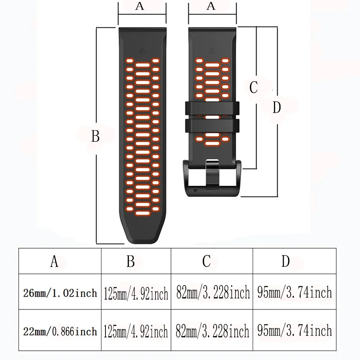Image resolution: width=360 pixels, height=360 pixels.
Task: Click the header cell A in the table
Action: (54, 262)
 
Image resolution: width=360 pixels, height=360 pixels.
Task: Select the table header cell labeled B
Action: (130, 262)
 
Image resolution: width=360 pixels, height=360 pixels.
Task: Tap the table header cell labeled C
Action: (206, 262)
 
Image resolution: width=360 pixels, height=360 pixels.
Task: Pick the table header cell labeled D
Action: (285, 262)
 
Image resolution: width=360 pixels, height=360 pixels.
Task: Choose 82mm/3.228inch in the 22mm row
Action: (213, 331)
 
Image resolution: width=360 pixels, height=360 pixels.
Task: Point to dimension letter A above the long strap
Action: (140, 6)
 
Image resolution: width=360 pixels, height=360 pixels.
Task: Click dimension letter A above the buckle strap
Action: (211, 6)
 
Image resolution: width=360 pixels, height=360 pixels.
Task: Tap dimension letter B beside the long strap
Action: (95, 137)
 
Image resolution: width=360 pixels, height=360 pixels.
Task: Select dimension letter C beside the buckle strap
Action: (253, 87)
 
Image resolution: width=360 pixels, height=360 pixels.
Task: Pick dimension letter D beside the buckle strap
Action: (276, 107)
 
